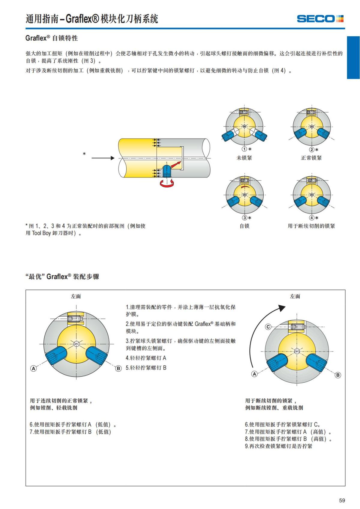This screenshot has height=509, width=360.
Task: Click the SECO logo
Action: (320, 19)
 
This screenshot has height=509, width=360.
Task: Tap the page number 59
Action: (342, 500)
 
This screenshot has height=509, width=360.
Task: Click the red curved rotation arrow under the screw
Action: (167, 184)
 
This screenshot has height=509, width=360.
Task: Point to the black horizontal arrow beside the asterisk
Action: (103, 158)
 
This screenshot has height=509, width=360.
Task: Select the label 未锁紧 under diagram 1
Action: (244, 158)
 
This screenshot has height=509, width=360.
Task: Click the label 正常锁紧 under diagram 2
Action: (311, 158)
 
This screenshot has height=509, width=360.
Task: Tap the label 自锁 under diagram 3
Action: (244, 226)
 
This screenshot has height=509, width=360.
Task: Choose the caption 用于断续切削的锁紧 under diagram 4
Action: (311, 226)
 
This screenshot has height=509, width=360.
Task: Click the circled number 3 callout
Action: (244, 218)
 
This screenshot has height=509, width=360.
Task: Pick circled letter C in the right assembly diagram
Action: (268, 327)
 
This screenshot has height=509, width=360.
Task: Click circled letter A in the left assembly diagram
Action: (34, 368)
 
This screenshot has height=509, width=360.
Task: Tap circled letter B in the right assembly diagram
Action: (338, 375)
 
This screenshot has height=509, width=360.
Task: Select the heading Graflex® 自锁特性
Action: (52, 38)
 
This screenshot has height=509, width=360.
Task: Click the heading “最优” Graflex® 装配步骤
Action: (62, 277)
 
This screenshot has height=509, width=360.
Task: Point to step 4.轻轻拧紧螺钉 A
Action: (146, 358)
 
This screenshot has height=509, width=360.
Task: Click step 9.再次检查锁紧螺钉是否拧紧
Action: (278, 446)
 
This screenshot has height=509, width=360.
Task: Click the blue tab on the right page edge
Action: (353, 58)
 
